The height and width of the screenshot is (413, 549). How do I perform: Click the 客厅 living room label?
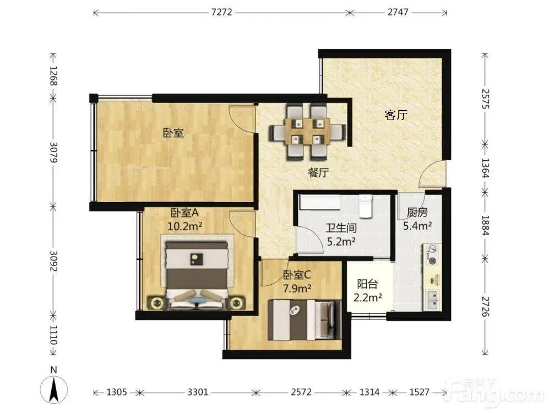coord(396,115)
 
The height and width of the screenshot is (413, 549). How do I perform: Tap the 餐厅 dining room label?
coord(319,172)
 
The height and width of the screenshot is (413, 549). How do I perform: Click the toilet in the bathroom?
coord(365,206)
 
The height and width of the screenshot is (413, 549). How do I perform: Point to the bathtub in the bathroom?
coord(320,202)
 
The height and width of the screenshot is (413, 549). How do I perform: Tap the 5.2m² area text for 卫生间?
coord(341,242)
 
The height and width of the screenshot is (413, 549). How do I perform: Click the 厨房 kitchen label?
coord(417,212)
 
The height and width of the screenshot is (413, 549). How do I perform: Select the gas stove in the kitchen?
coord(433,255)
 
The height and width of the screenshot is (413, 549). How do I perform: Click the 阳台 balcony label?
coord(367,284)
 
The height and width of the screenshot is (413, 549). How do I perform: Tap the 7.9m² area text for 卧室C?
coord(297,289)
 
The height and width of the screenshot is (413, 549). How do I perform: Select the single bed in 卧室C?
coord(305,320)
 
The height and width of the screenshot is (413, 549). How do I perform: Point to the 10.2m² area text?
coord(185,226)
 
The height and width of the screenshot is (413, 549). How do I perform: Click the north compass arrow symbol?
coord(53,389)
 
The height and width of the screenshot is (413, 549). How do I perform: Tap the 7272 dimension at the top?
coord(221,12)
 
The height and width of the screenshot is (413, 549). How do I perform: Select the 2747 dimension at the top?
coord(398,12)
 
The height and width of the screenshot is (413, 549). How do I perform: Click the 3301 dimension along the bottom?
coord(198,392)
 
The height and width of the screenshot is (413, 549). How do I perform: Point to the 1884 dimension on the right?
coord(485,226)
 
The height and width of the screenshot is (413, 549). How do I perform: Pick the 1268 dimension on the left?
coord(53,76)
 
